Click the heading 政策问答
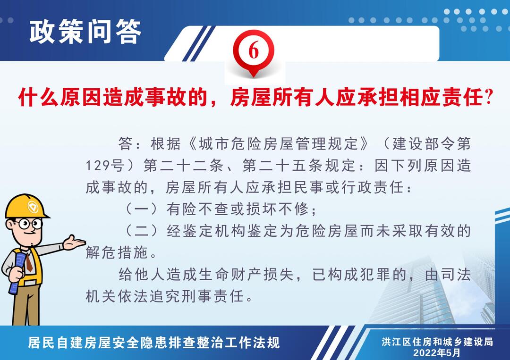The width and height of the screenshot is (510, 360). [x=85, y=31]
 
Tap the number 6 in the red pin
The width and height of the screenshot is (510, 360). [x=254, y=50]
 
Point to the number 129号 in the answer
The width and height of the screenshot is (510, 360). [x=104, y=166]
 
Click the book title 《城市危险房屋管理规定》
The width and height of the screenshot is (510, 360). [x=279, y=143]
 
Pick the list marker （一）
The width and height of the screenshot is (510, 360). [x=142, y=209]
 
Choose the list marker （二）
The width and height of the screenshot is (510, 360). [x=142, y=231]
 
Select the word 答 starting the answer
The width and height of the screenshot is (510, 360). [x=126, y=143]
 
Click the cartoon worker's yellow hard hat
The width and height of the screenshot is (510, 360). [x=26, y=206]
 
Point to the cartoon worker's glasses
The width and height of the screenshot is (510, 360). [x=28, y=224]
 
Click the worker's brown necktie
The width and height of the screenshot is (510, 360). [x=29, y=262]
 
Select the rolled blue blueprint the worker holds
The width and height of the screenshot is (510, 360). [x=17, y=273]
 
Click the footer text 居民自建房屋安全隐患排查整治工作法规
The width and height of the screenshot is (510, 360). [x=154, y=343]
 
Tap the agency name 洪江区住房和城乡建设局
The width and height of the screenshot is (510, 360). [x=437, y=342]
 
